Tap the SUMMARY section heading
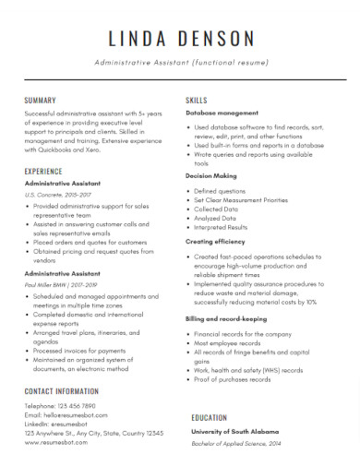[x=41, y=99]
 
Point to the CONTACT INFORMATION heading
[x=66, y=391]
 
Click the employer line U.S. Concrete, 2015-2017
[x=59, y=196]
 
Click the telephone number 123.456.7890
[x=76, y=405]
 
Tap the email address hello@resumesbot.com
[x=75, y=414]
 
